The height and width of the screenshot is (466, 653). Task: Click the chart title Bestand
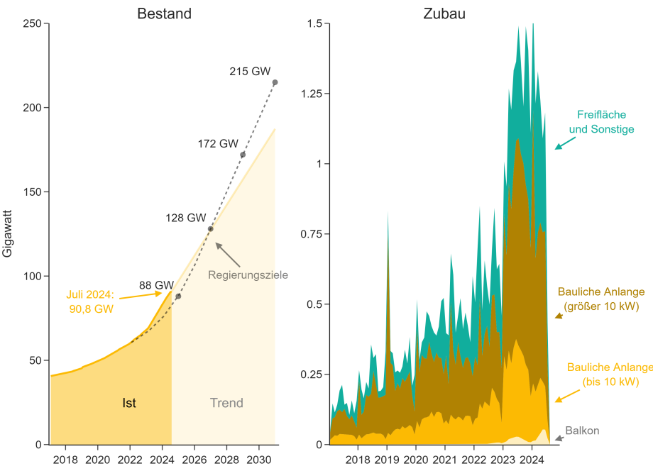[164, 13]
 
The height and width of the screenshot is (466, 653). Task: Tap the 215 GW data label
[250, 71]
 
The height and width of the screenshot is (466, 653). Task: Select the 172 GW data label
[218, 143]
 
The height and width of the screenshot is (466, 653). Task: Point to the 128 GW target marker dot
[211, 229]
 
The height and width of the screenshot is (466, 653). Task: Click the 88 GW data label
[156, 285]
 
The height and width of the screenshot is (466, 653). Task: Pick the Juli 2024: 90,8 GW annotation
[89, 301]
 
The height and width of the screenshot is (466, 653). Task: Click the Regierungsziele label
[248, 274]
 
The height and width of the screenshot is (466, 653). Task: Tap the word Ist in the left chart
[129, 403]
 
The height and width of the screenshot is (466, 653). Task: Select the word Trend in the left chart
[226, 403]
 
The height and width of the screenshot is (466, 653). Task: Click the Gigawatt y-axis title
[8, 233]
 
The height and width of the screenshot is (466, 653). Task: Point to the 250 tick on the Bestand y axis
[32, 23]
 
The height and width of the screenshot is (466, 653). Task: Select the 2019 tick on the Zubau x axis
[387, 458]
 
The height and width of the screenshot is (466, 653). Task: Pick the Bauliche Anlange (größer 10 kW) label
[601, 299]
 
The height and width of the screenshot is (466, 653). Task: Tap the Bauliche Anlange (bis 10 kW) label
[610, 374]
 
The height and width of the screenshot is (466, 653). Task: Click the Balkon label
[582, 431]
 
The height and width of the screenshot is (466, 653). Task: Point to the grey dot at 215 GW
[275, 82]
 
